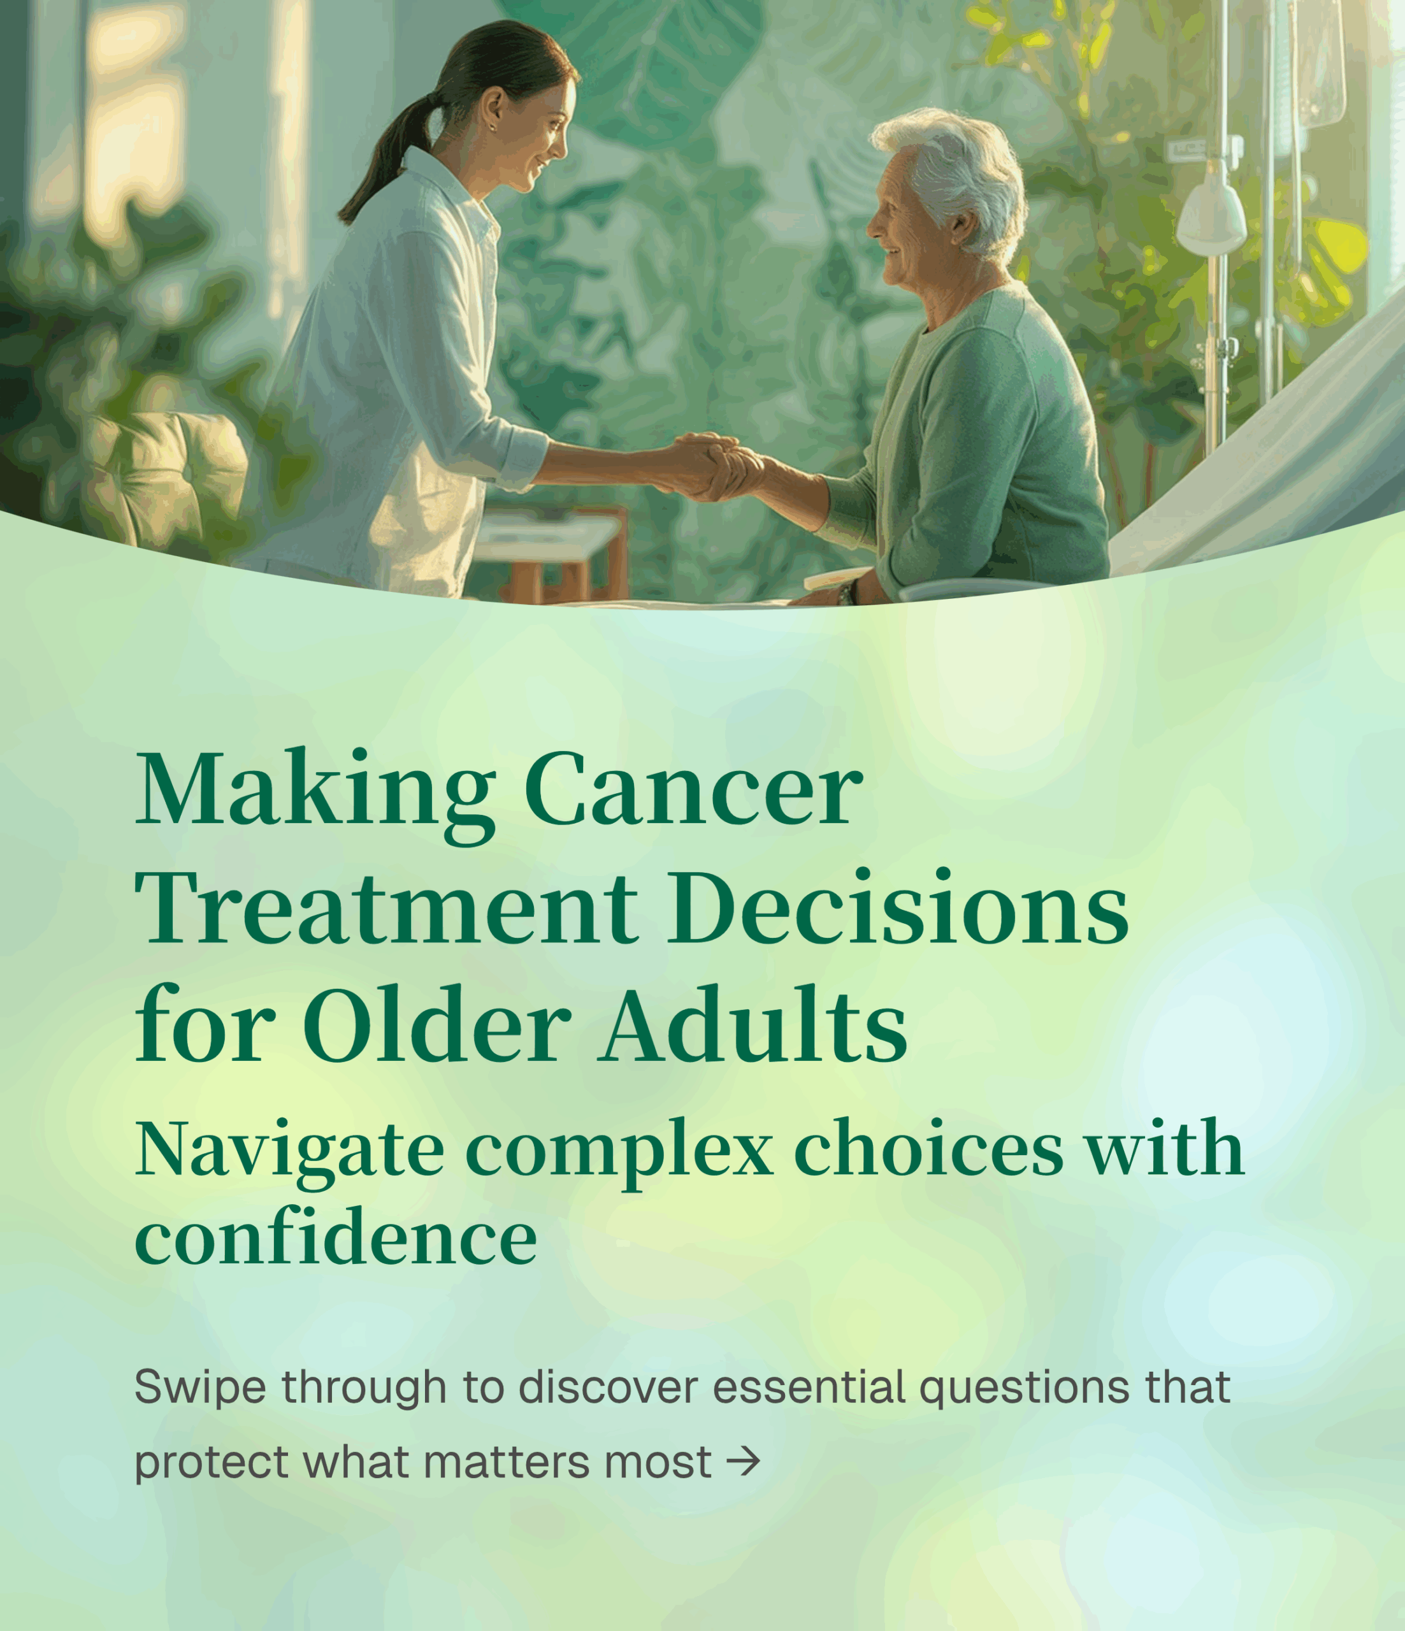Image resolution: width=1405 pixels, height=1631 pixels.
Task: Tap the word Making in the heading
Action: tap(315, 789)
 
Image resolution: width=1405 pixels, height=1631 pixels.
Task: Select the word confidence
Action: tap(335, 1239)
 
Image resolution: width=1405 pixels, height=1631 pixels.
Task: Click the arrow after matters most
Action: tap(743, 1462)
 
